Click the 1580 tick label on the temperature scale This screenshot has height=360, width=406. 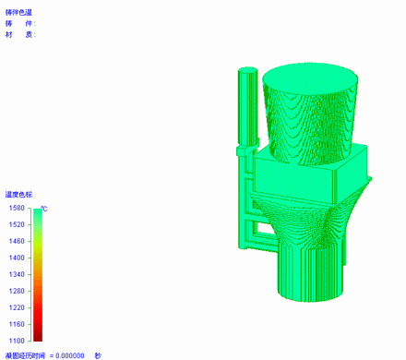[17, 208]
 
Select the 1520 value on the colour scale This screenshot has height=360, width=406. [17, 224]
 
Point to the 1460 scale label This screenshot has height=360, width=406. [17, 241]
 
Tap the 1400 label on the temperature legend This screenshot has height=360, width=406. [17, 258]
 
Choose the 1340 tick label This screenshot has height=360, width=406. [17, 274]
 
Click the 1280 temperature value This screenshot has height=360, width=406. [17, 291]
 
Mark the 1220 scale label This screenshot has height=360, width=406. [17, 307]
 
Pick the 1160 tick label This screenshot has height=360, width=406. [17, 324]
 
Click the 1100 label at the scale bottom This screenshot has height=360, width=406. [17, 341]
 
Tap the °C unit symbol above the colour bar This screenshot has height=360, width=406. [44, 209]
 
